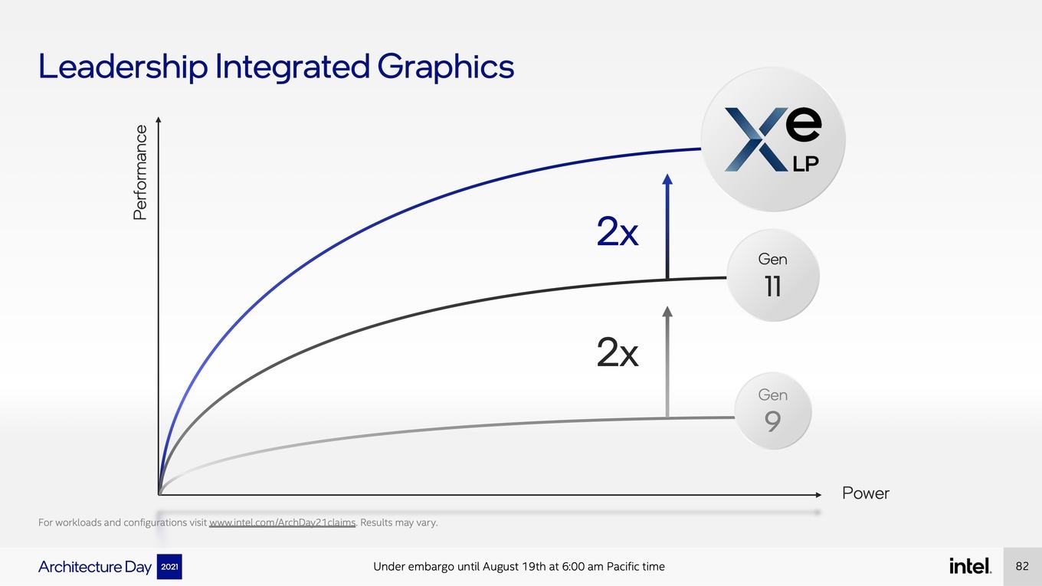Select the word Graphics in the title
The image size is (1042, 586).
445,67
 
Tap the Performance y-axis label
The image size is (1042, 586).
140,172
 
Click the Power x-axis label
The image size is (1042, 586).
865,493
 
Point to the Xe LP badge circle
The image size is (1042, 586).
773,139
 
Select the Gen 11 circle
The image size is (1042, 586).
772,275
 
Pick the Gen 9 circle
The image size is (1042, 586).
772,411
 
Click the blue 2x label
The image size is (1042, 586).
618,231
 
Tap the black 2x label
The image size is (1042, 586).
618,352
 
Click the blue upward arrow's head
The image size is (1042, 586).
667,179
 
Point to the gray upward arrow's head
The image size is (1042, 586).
667,312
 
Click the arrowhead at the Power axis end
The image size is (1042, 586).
818,495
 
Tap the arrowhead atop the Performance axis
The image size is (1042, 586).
159,120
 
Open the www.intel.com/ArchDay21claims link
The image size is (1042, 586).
283,522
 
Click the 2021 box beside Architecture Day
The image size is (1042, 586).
169,567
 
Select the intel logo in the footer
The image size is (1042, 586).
970,566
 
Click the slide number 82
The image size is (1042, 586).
1022,566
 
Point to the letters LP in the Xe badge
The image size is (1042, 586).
806,164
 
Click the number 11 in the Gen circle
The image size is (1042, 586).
772,286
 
